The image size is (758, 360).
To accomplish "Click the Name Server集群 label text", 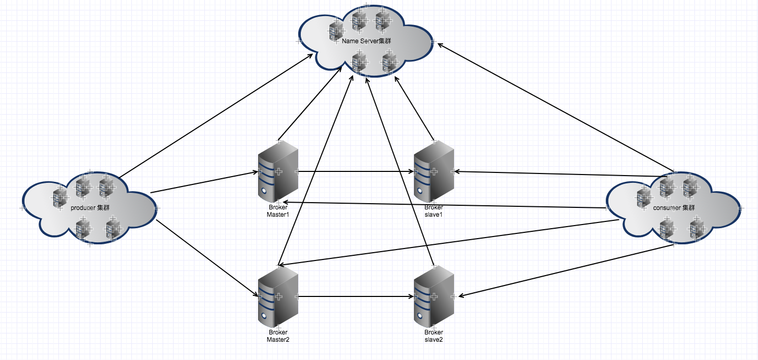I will coord(366,41).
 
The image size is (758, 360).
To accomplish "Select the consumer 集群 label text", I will coord(674,208).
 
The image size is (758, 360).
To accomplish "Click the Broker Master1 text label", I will coord(278,211).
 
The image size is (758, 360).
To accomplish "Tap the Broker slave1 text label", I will coord(433,211).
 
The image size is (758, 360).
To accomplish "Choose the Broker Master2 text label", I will coord(278,336).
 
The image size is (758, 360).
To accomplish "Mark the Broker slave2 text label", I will coord(433,336).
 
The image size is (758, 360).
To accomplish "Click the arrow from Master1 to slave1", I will coord(354,171).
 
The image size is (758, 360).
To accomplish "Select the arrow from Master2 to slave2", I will coord(354,296).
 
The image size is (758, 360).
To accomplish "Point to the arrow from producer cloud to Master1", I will coord(203,182).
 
